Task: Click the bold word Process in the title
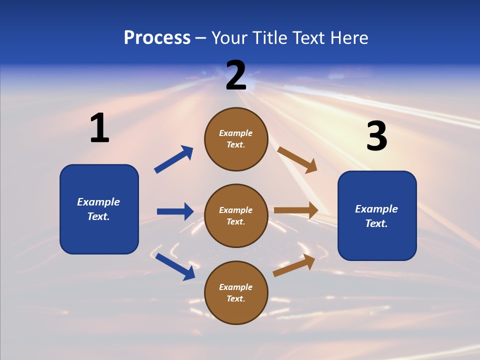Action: coord(157,38)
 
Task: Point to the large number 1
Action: coord(99,128)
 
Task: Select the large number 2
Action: coord(236,75)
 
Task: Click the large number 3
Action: coord(376,136)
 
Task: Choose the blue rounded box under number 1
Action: coord(99,209)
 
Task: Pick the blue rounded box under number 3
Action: coord(377,215)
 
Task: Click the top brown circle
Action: coord(236,139)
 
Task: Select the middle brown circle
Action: coord(236,215)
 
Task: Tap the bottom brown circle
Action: coord(236,292)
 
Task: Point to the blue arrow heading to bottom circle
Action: coord(175,266)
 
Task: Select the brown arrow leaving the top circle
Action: coord(297,159)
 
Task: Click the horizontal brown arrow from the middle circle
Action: coord(296,210)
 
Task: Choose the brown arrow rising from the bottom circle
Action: coord(294,265)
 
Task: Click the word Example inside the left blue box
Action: coord(98,202)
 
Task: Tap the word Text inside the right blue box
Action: coord(376,223)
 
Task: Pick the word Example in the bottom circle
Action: coord(235,287)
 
